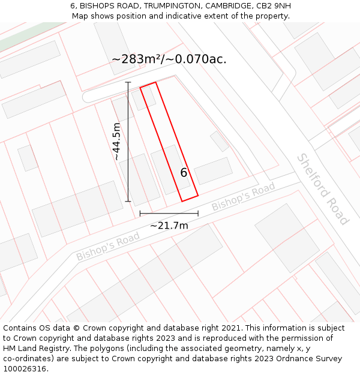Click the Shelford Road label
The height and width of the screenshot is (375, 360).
(x=322, y=189)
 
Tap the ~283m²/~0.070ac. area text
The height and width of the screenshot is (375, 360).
(x=169, y=59)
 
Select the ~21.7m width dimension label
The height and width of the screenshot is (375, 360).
(x=169, y=226)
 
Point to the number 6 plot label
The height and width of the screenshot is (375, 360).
(x=184, y=173)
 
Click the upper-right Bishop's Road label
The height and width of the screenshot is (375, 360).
(x=243, y=197)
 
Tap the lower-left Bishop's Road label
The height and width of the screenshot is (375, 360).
(x=108, y=246)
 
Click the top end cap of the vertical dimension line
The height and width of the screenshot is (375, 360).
(x=128, y=82)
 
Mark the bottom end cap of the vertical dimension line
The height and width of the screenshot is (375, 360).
(x=128, y=201)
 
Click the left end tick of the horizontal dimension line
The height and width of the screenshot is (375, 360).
(x=140, y=213)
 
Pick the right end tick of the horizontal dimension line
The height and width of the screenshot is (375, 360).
(x=198, y=213)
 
